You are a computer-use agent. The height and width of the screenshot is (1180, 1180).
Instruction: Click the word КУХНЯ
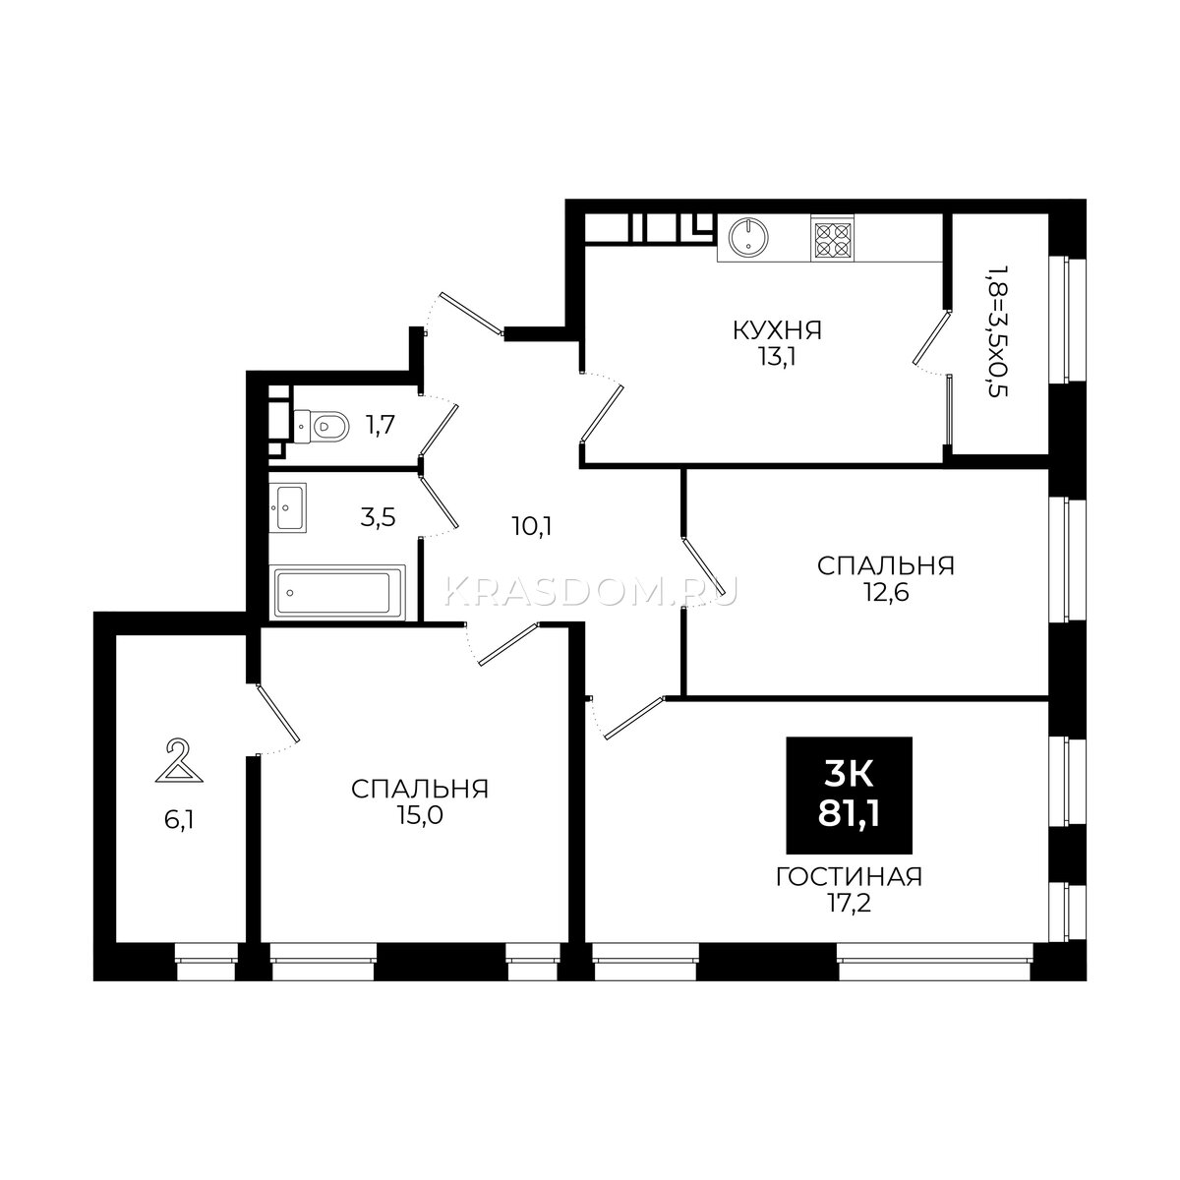[777, 331]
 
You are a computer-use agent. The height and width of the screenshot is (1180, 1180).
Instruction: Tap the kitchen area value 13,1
[777, 358]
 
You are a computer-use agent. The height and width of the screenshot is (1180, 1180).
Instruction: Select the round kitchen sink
[747, 236]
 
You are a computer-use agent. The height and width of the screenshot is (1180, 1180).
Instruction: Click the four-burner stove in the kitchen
[833, 239]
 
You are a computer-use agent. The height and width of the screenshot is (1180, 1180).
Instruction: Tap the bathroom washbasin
[288, 507]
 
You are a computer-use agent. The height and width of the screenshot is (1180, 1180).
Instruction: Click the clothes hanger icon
[179, 761]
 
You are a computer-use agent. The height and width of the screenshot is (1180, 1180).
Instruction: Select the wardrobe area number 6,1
[179, 820]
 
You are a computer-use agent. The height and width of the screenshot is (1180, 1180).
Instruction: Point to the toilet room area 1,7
[380, 425]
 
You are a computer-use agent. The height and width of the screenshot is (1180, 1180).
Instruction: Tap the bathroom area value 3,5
[378, 517]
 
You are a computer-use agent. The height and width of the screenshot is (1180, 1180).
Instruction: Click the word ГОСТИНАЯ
[849, 877]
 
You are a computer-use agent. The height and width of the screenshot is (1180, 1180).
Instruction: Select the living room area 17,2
[849, 904]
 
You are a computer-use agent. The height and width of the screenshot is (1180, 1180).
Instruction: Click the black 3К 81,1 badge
[849, 795]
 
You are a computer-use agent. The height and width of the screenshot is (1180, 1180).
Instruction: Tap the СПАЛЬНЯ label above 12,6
[885, 565]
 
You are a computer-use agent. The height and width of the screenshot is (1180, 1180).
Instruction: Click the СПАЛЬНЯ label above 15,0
[420, 790]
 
